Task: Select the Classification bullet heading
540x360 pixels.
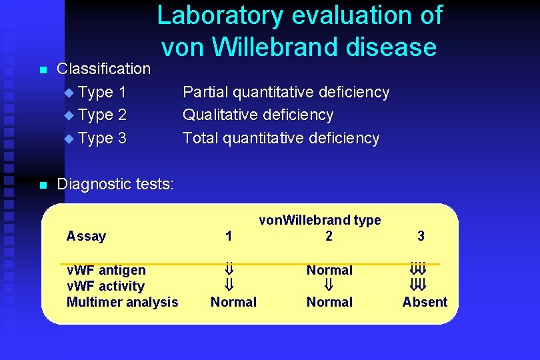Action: [104, 69]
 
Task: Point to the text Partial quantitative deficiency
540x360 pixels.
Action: [286, 92]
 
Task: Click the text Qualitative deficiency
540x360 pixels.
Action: [258, 115]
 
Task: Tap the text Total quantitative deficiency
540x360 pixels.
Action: [281, 138]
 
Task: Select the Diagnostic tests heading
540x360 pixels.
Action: [115, 184]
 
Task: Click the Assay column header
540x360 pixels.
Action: [86, 236]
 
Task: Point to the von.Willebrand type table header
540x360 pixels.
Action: [320, 220]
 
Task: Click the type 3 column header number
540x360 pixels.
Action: [421, 236]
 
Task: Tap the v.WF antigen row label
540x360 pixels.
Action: [106, 270]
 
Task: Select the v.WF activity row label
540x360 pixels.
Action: [105, 286]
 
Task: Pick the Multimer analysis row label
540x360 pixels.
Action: [123, 302]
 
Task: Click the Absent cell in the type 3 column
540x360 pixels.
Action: [425, 302]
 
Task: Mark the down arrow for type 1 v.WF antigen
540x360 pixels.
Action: [229, 270]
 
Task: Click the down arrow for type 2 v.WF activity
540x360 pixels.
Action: [329, 286]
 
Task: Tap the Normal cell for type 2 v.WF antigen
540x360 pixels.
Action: [329, 270]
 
